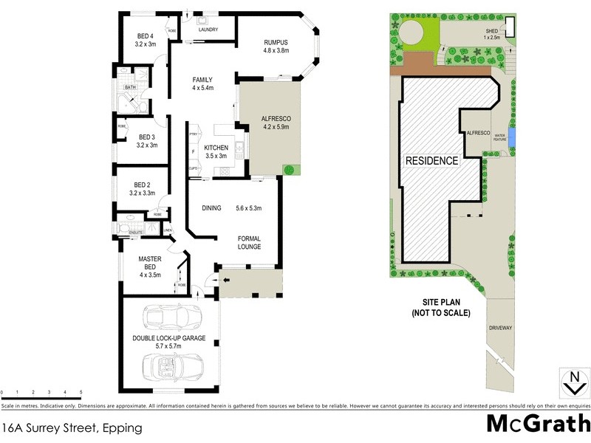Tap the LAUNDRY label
[x=208, y=30]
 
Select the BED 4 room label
[x=146, y=36]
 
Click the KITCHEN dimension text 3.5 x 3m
[x=216, y=156]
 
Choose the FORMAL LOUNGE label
[x=249, y=242]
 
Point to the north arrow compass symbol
[x=573, y=382]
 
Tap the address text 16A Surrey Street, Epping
[x=72, y=427]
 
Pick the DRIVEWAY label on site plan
[x=499, y=326]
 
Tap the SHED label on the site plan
[x=491, y=31]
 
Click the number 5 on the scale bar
[x=80, y=392]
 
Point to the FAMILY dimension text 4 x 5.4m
[x=202, y=88]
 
